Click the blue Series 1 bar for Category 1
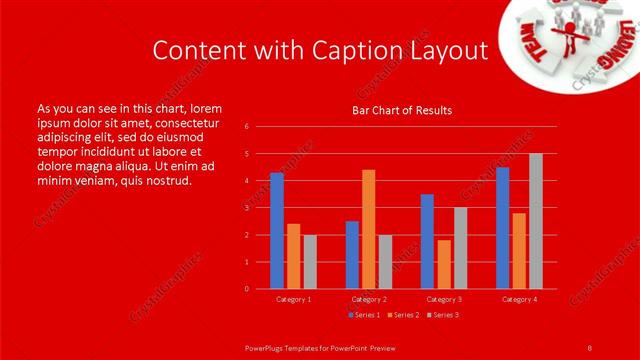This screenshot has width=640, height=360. tap(276, 231)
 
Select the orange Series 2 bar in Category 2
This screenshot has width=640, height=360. tap(368, 229)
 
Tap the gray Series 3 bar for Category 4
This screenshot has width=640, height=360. tap(535, 221)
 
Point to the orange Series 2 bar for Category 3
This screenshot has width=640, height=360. tap(444, 264)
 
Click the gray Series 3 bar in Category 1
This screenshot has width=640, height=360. tap(310, 262)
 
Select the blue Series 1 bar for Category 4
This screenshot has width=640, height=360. tap(502, 228)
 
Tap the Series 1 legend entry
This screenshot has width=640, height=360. tap(364, 315)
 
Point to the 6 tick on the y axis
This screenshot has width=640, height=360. tap(248, 127)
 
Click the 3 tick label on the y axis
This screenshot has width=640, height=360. tap(248, 208)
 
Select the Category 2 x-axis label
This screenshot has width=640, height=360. tap(368, 299)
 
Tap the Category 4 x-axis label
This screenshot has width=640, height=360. tap(518, 299)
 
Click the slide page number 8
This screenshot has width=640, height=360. tap(589, 347)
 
